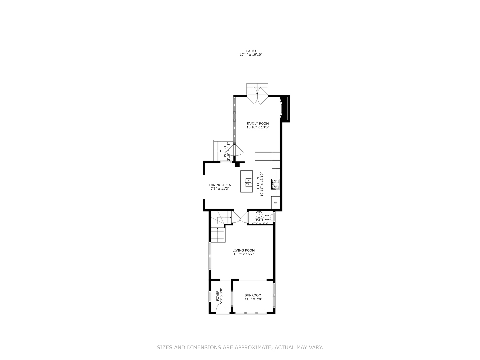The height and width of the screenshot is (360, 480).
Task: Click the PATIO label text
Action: coord(251,51)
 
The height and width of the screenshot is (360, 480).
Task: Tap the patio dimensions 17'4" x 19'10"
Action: coord(251,55)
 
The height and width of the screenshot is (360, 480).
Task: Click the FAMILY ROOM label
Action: coord(258,124)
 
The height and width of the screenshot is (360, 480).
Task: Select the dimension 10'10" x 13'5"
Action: coord(258,127)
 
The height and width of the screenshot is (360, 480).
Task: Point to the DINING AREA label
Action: coord(220,185)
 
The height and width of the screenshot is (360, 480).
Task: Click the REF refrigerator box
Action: coord(276,203)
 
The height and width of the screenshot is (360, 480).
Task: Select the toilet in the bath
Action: coord(270,217)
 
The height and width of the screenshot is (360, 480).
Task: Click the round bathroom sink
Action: coord(259,214)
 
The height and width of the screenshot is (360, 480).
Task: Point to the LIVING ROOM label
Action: coord(243,250)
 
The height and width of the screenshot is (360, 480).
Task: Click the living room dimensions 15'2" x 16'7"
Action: coord(243,254)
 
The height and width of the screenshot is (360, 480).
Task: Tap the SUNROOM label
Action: coord(253,295)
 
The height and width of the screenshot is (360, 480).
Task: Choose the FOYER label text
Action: coord(218,296)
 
